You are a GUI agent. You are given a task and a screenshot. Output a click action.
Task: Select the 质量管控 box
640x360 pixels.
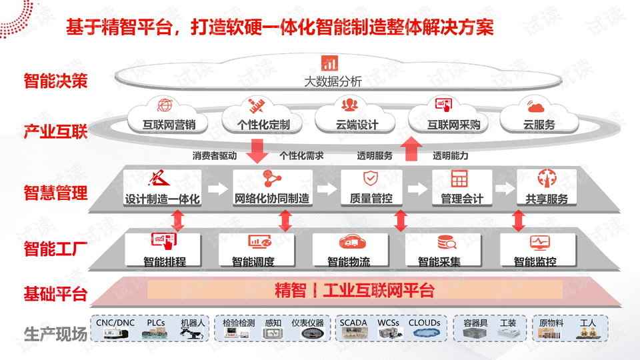(371, 189)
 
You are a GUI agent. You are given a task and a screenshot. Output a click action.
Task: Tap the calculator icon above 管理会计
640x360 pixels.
(459, 179)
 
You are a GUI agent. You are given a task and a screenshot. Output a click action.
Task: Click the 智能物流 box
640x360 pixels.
(349, 249)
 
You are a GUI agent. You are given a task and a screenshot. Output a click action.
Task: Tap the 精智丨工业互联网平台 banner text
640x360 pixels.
(355, 291)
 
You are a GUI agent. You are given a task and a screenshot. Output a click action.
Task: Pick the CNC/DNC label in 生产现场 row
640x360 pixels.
(115, 323)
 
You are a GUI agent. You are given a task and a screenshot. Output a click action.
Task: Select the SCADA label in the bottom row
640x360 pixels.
(353, 323)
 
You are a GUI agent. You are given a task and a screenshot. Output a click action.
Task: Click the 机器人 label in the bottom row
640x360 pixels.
(193, 323)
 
